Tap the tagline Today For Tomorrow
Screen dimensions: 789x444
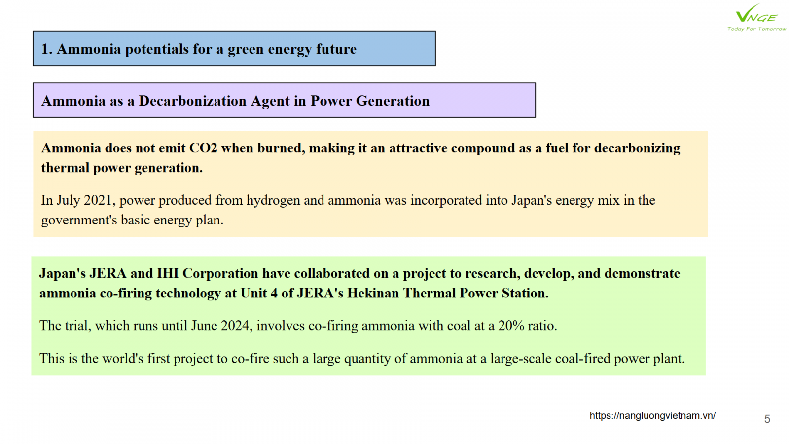(756, 29)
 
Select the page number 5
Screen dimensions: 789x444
(767, 419)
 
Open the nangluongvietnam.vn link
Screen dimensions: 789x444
(652, 416)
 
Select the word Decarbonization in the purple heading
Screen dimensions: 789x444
(192, 101)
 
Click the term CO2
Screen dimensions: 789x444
(203, 148)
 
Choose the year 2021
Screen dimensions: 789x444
(98, 200)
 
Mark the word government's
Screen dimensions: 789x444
(79, 221)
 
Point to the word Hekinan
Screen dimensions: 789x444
(373, 293)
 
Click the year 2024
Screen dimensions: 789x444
(235, 326)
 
